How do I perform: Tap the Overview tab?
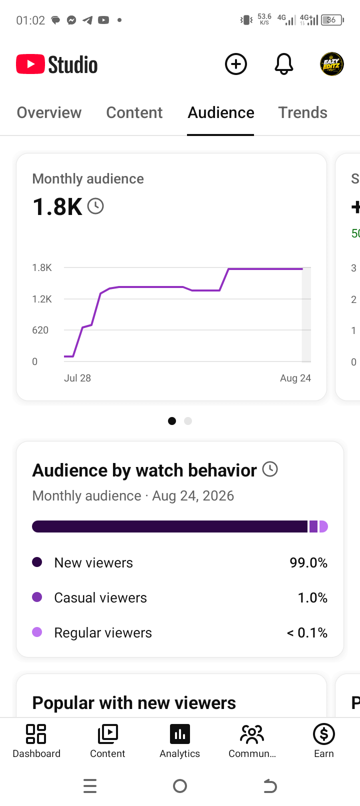tap(49, 112)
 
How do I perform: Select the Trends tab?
tap(303, 112)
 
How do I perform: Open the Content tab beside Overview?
tap(134, 112)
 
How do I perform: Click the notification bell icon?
tap(284, 64)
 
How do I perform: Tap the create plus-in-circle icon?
tap(236, 64)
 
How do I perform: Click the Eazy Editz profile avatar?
tap(332, 64)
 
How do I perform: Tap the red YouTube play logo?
tap(30, 64)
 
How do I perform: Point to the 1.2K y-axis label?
tap(42, 299)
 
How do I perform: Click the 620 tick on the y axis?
tap(40, 330)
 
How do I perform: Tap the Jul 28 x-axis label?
tap(77, 378)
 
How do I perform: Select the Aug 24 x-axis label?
tap(295, 378)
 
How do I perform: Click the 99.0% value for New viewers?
tap(308, 563)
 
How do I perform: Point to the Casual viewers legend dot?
tap(37, 597)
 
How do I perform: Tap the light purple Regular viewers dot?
tap(37, 632)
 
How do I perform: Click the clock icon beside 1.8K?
tap(96, 206)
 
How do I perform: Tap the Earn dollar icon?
tap(324, 733)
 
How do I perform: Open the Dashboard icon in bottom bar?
tap(36, 733)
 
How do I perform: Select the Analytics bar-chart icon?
tap(180, 733)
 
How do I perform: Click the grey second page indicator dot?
tap(188, 421)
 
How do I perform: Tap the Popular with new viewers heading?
tap(134, 702)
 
